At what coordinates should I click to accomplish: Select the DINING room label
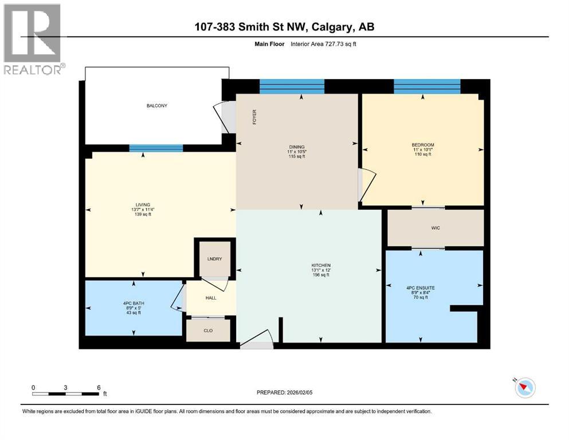tap(296, 147)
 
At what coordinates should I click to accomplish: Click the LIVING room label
tap(143, 205)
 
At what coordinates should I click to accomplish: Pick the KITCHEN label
tap(320, 265)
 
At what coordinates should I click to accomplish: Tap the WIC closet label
tap(435, 228)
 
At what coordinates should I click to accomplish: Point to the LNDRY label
tap(214, 259)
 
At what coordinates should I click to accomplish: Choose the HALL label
tap(210, 298)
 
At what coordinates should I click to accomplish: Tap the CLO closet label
tap(208, 330)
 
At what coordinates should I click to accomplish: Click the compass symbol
tap(524, 388)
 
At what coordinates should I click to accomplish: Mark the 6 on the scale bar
tap(99, 387)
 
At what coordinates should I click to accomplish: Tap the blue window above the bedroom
tap(427, 86)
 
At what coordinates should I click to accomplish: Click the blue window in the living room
tap(156, 148)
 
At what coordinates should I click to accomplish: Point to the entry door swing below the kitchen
tap(257, 341)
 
